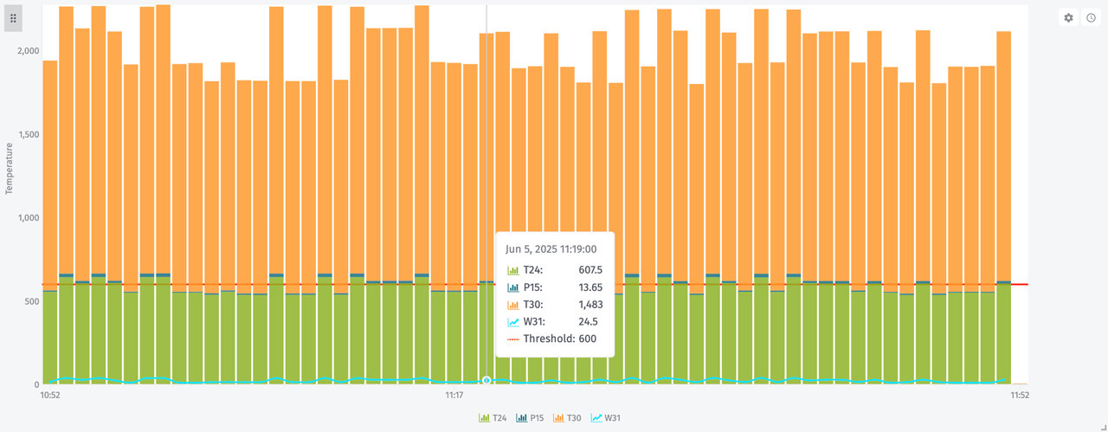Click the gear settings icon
coord(1068,17)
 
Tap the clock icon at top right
coord(1091,17)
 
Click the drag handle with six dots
coord(13,17)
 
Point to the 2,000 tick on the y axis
coord(29,51)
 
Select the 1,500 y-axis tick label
coord(29,134)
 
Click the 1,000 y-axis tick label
coord(29,217)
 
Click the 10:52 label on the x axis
coord(50,396)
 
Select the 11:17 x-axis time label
coord(454,396)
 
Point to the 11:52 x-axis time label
coord(1019,396)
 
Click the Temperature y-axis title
coord(10,168)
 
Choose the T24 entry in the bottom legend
coord(493,418)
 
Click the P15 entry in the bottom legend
coord(530,418)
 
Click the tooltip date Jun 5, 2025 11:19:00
coord(551,249)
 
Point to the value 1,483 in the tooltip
coord(590,305)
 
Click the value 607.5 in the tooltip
coord(590,270)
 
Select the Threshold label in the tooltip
coord(549,339)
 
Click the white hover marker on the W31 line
coord(486,380)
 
